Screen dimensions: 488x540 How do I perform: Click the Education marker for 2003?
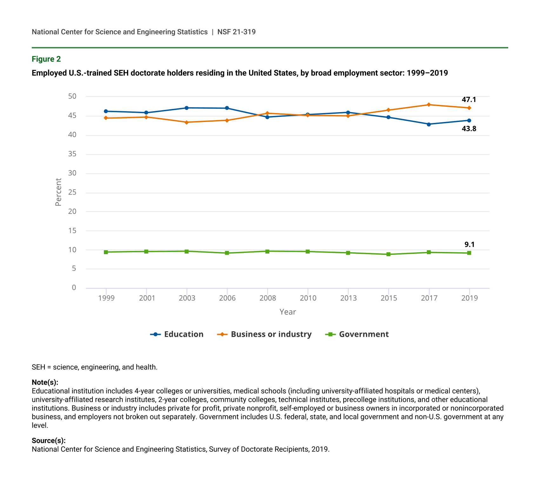(x=186, y=108)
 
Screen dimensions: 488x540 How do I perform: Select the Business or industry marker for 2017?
(x=429, y=105)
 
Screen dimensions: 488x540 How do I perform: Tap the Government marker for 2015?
(x=388, y=254)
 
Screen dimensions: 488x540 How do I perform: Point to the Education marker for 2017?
(x=429, y=124)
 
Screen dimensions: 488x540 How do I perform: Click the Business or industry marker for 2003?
(x=186, y=122)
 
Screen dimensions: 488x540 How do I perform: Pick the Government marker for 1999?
(x=106, y=252)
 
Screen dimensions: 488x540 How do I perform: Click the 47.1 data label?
(x=469, y=100)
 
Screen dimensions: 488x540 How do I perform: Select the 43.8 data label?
(x=469, y=129)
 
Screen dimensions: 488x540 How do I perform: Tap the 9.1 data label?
(x=469, y=244)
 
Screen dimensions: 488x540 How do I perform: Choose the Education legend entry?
(x=177, y=334)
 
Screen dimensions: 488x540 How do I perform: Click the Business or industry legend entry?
(x=265, y=334)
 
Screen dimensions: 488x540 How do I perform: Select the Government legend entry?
(x=357, y=334)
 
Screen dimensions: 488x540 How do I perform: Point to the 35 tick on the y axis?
(x=72, y=154)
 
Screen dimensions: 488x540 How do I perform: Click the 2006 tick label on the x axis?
(x=227, y=298)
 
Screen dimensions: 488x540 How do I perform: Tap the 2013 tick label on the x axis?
(x=348, y=298)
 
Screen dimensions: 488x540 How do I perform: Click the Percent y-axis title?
(x=58, y=192)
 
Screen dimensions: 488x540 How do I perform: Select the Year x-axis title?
(x=287, y=312)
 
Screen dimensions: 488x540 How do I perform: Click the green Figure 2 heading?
(x=46, y=59)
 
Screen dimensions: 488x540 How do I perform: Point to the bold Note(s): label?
(x=45, y=382)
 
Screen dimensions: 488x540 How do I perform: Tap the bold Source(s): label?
(x=49, y=440)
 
